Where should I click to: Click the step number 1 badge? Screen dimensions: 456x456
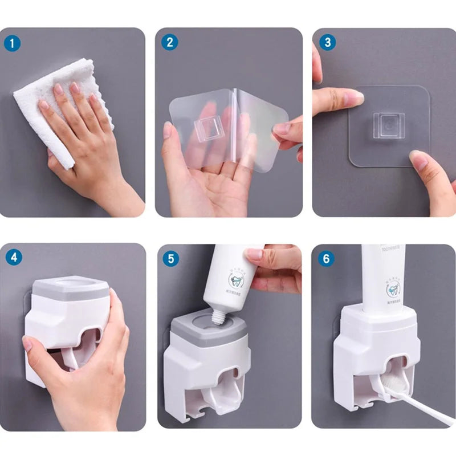click(13, 43)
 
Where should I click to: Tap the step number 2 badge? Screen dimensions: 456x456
click(169, 43)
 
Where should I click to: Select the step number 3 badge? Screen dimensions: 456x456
click(325, 43)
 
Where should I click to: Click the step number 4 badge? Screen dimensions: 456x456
click(13, 257)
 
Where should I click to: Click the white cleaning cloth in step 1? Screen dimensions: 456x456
click(63, 91)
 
